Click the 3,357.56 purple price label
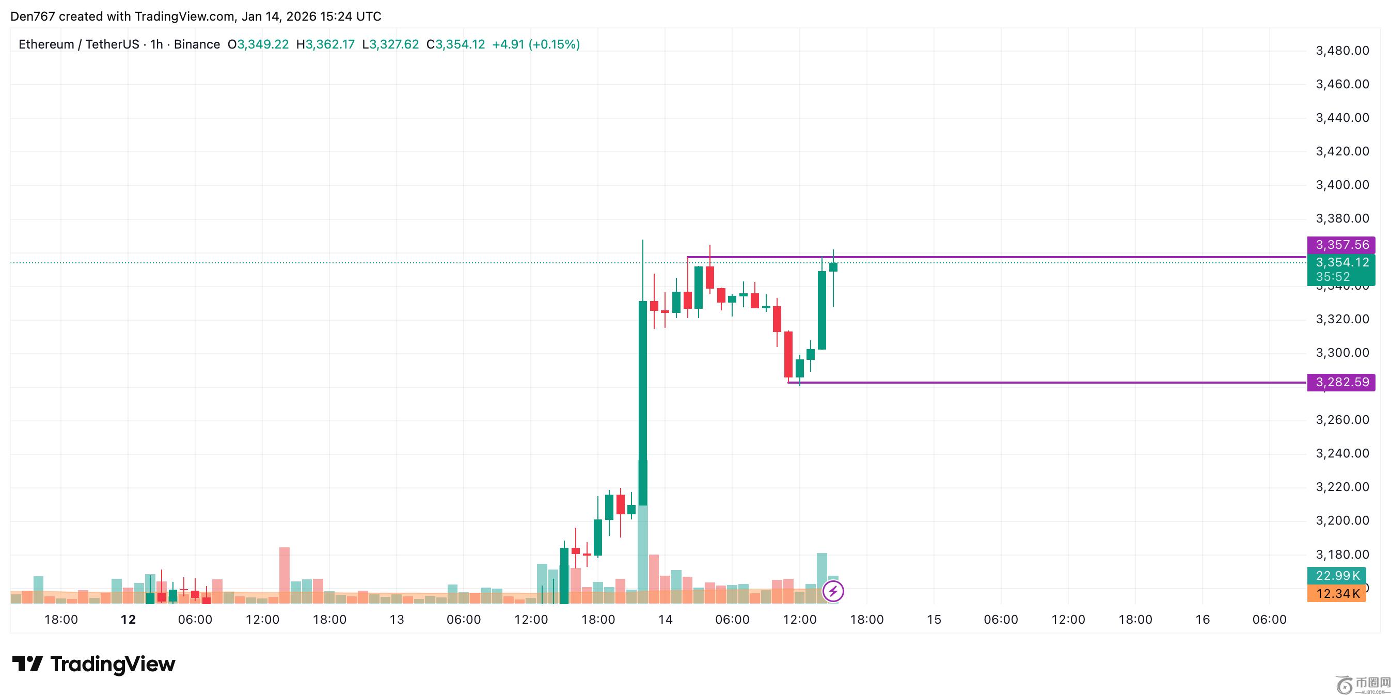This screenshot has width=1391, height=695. tap(1341, 245)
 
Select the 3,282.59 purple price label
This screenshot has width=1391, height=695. tap(1341, 382)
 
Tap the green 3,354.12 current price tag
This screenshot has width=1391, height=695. tap(1341, 262)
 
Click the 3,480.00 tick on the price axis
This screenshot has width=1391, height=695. tap(1342, 51)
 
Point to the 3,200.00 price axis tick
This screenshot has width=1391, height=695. tap(1342, 520)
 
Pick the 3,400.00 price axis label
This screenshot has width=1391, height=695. tap(1342, 185)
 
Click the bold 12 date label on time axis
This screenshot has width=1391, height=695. tap(128, 620)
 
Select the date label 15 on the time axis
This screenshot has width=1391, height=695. tap(934, 620)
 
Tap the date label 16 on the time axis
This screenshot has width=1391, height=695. tap(1203, 620)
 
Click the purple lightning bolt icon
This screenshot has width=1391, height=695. tap(833, 591)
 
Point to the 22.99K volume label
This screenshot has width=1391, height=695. tap(1337, 576)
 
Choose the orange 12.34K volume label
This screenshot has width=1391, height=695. tap(1337, 594)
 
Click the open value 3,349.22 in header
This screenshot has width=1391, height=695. tap(263, 44)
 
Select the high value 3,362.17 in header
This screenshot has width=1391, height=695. tap(330, 44)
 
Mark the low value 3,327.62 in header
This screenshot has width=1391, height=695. tap(393, 44)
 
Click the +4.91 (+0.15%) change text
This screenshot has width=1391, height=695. tap(535, 44)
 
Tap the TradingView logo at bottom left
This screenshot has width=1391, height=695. tap(93, 664)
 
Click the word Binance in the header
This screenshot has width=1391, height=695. tap(197, 44)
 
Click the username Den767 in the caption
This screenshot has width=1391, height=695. tap(33, 16)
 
